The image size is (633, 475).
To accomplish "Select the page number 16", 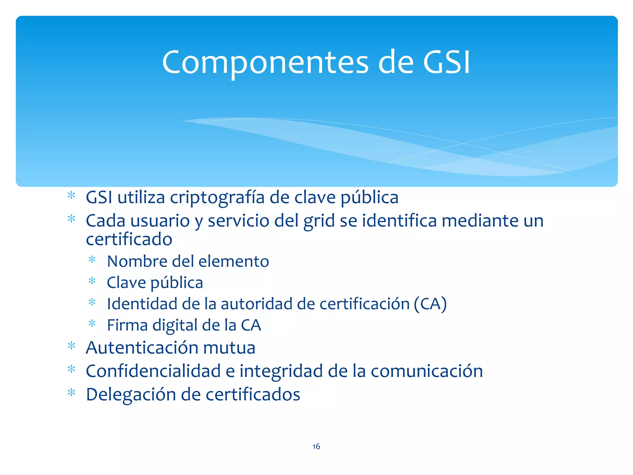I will [316, 446].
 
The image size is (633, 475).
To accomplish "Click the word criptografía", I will [217, 198].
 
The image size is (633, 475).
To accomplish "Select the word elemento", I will [234, 261].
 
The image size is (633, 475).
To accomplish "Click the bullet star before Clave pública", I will [92, 281].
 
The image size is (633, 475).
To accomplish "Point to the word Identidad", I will [142, 304].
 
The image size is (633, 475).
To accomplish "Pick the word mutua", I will [229, 348].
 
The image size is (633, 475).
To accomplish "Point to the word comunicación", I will [427, 371].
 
